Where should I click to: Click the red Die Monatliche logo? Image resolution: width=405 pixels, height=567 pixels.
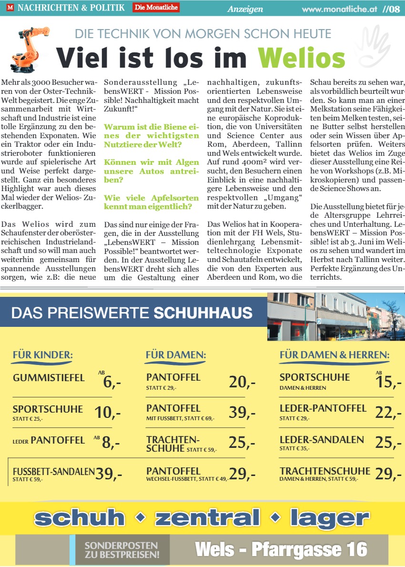(x=156, y=7)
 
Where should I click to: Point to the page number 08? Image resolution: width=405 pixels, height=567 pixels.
(x=395, y=9)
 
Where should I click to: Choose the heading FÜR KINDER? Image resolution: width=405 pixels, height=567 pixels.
(x=42, y=355)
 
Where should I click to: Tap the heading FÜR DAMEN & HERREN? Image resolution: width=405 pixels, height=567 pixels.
(x=334, y=355)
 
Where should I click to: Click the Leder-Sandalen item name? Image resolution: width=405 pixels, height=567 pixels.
(x=322, y=439)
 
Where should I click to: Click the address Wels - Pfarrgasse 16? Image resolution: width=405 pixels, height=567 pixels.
(x=281, y=549)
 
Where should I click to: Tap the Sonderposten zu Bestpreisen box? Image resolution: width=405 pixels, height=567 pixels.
(x=121, y=550)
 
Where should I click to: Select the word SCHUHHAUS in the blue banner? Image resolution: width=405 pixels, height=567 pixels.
(x=203, y=313)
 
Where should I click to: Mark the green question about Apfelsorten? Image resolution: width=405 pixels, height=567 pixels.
(x=148, y=202)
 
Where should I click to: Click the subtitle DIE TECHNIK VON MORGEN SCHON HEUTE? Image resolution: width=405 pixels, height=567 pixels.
(x=203, y=34)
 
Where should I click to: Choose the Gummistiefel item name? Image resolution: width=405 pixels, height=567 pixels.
(x=49, y=378)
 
